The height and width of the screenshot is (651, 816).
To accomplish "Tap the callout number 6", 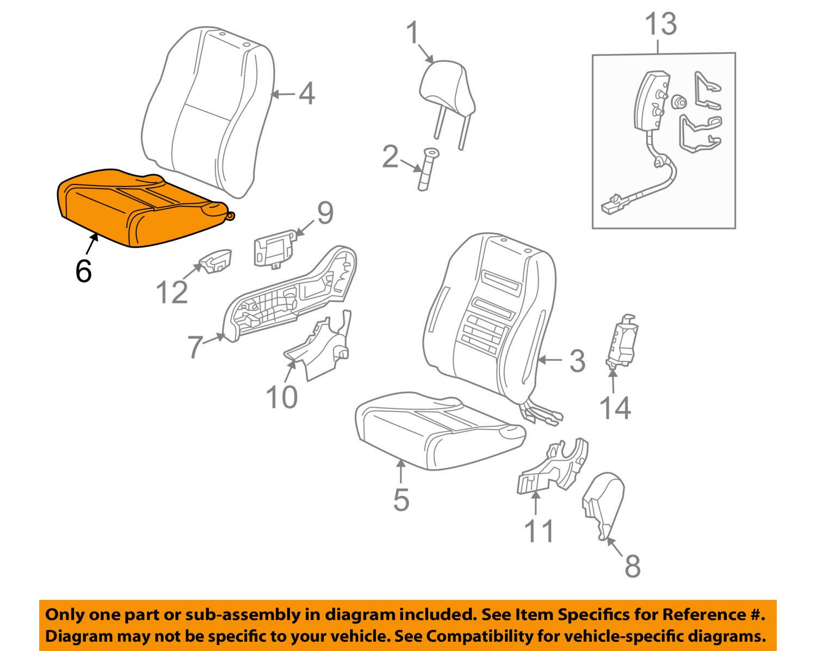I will (x=83, y=271).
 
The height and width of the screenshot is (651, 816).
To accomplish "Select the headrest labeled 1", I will (x=446, y=87).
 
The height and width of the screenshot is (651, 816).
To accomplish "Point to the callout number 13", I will (x=661, y=25).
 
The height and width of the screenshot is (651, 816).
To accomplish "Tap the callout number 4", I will (x=307, y=94).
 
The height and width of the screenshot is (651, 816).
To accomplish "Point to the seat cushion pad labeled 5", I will (x=435, y=432).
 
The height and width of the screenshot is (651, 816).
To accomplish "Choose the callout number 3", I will (x=577, y=361).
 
